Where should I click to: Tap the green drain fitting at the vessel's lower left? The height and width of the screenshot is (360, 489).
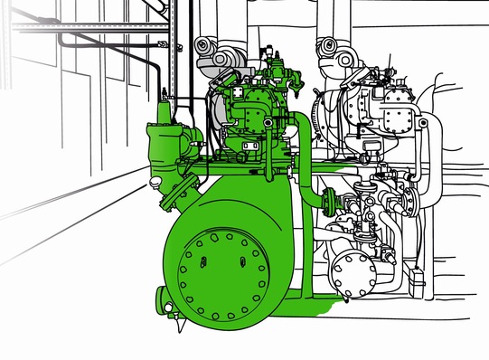164,298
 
